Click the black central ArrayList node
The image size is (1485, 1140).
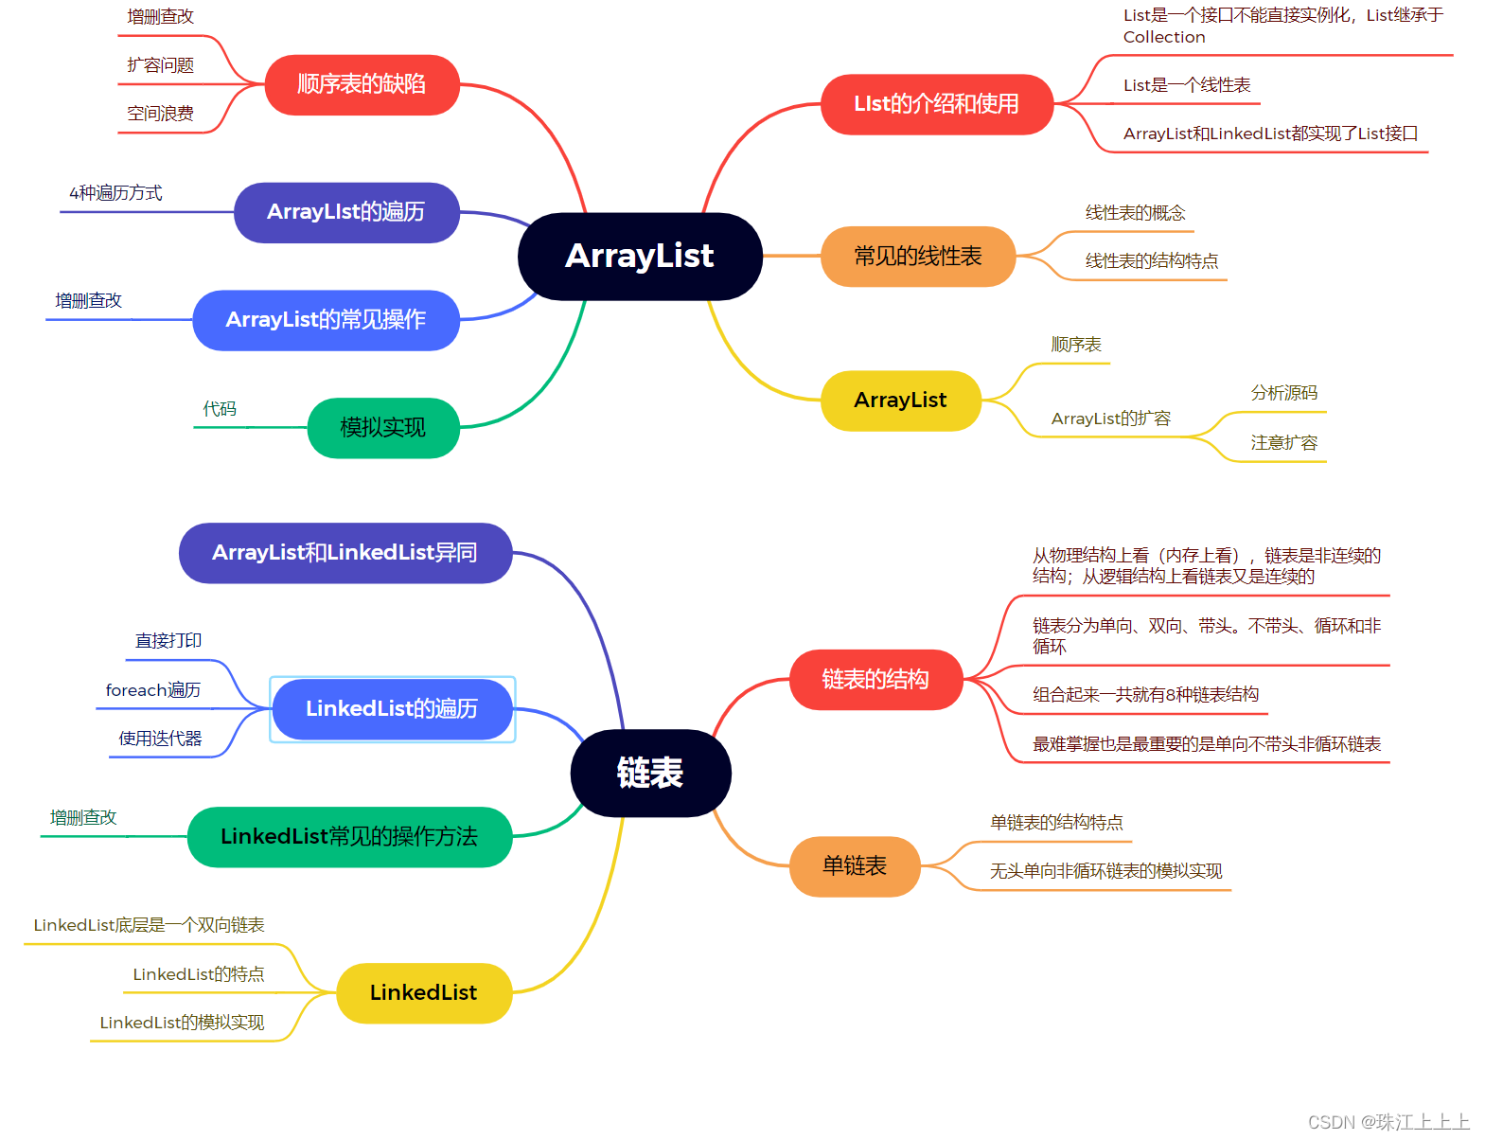click(640, 256)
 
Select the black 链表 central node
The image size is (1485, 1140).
click(650, 773)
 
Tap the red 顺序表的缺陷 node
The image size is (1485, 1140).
click(362, 84)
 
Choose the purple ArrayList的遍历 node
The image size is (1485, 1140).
click(346, 212)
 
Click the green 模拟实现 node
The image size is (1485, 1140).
click(383, 428)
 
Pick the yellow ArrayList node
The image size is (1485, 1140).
click(900, 401)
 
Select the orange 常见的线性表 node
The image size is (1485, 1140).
click(918, 257)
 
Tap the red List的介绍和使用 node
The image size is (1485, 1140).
click(936, 104)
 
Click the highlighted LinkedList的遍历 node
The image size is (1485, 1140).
click(392, 709)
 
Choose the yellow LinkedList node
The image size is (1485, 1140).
click(423, 993)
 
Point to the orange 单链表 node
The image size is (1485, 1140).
click(855, 866)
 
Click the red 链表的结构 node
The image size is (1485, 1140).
click(875, 680)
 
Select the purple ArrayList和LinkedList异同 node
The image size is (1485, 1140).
click(345, 553)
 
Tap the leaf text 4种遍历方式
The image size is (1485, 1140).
click(115, 193)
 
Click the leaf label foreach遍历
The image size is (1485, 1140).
click(153, 690)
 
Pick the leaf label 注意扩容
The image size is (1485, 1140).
click(1283, 443)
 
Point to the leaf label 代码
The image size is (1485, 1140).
click(220, 409)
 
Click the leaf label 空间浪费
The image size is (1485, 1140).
click(161, 114)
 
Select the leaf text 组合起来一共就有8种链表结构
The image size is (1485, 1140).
click(1145, 695)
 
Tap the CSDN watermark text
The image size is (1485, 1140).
click(1388, 1122)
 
